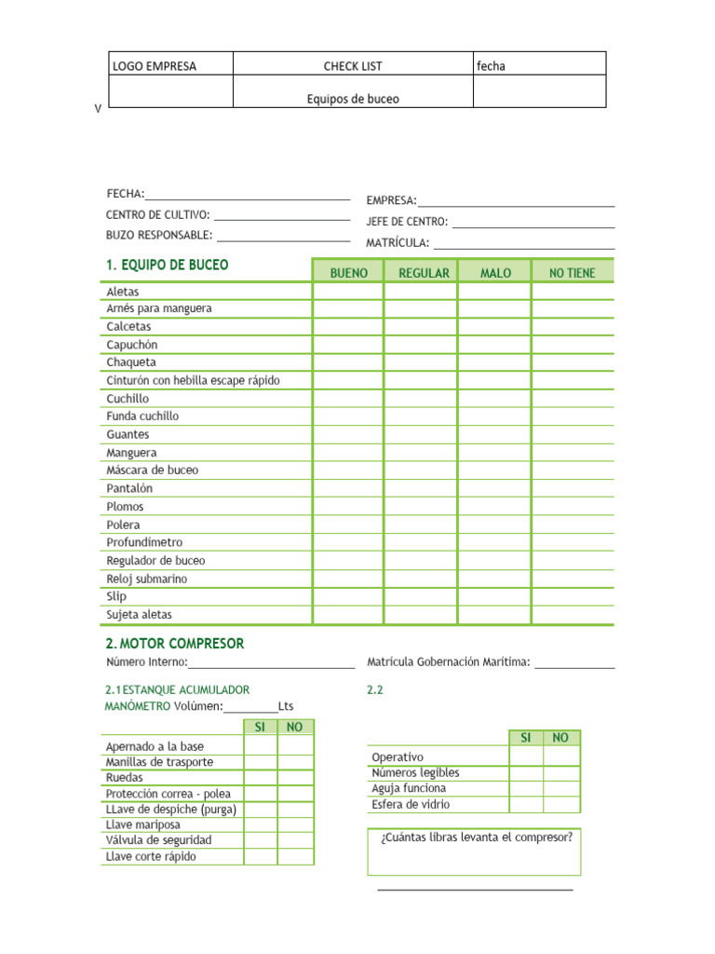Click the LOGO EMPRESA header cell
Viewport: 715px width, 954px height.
click(x=155, y=66)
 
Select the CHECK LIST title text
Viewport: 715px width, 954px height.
click(x=353, y=66)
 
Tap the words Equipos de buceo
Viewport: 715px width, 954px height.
click(x=353, y=99)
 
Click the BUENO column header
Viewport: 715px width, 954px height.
click(x=348, y=273)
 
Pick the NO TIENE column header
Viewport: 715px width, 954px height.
click(x=573, y=273)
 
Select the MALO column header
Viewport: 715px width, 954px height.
click(x=495, y=273)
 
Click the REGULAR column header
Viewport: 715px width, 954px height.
click(x=424, y=273)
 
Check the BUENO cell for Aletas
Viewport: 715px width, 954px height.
click(x=348, y=292)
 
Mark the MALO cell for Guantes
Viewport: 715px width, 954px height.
click(x=495, y=435)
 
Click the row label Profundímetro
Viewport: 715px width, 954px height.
click(x=144, y=542)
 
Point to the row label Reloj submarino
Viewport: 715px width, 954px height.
click(x=146, y=579)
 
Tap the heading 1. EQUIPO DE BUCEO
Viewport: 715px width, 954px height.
click(x=167, y=266)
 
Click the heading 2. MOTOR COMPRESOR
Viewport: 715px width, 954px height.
click(x=175, y=644)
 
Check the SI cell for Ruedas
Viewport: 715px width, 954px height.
click(x=261, y=777)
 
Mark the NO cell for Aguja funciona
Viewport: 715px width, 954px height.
click(x=560, y=788)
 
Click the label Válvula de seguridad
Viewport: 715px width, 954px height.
click(x=158, y=840)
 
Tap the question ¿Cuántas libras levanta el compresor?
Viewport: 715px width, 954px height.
click(x=476, y=837)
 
